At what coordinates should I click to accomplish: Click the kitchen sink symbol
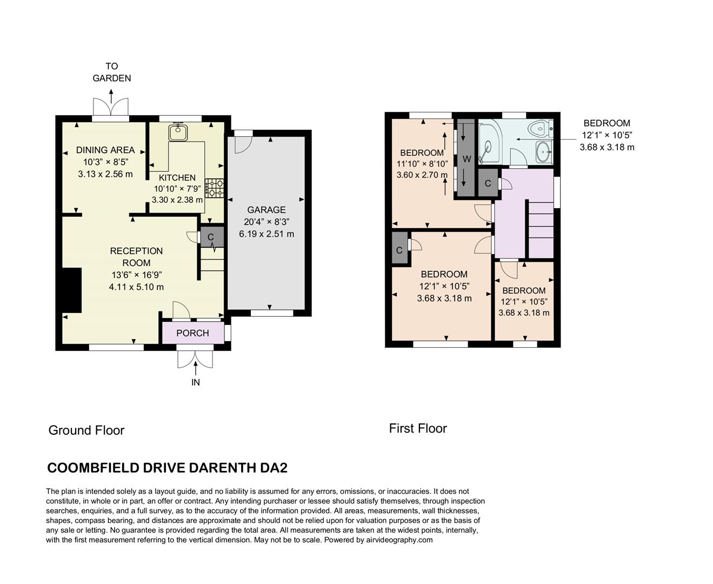point(177,132)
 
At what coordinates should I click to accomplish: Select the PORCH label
point(192,333)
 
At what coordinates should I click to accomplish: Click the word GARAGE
point(266,210)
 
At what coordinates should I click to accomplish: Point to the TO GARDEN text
point(111,72)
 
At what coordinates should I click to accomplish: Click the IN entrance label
point(195,382)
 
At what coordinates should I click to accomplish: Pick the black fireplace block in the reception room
point(71,290)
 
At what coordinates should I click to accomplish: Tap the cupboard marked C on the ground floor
point(211,237)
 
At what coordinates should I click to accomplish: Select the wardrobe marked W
point(467,159)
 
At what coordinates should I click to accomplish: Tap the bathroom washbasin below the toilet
point(543,152)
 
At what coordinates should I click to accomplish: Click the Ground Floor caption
point(86,430)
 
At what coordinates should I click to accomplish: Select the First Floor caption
point(418,428)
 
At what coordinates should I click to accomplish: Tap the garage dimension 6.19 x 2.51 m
point(266,234)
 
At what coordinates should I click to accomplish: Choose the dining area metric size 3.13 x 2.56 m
point(105,174)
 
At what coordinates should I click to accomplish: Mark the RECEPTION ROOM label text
point(136,257)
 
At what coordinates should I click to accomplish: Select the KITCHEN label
point(177,177)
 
